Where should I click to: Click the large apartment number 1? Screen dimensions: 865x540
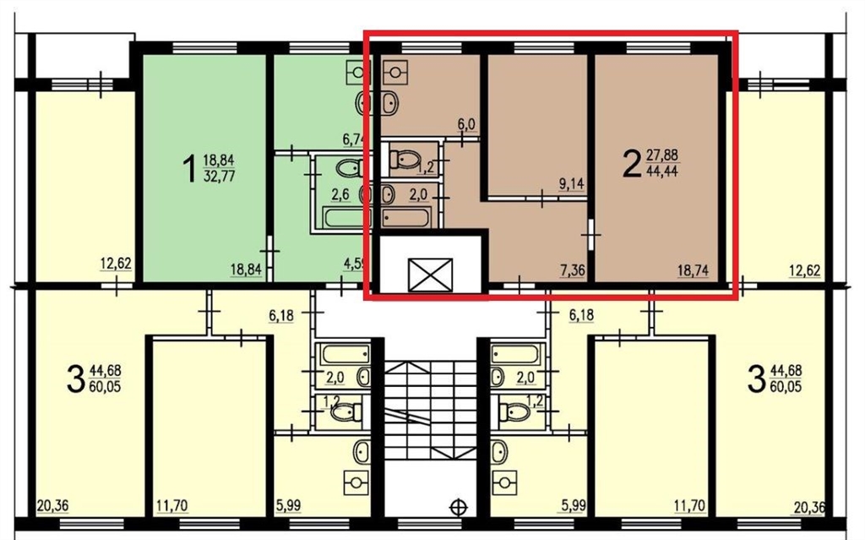(x=189, y=168)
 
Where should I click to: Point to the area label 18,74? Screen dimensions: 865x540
(x=693, y=270)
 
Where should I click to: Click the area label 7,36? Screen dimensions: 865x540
(x=572, y=270)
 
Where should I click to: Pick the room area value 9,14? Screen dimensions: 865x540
(x=572, y=184)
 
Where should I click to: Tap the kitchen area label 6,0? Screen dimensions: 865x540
(x=466, y=125)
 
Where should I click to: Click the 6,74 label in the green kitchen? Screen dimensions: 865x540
(x=354, y=139)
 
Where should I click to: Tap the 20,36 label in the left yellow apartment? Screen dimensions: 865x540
(x=53, y=505)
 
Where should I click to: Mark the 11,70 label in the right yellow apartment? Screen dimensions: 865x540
(x=689, y=505)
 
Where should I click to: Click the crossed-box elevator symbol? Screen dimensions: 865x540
(x=430, y=275)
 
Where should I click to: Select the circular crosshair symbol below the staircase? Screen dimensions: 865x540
(x=459, y=507)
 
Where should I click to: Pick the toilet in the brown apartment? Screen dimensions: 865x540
(x=405, y=160)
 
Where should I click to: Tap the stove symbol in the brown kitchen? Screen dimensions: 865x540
(x=395, y=71)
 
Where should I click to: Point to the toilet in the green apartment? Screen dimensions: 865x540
(x=349, y=168)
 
